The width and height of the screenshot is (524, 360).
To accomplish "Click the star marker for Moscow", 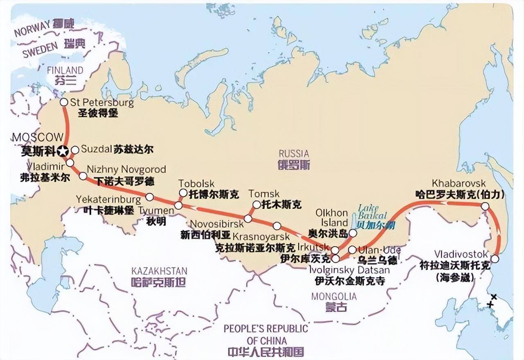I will coord(63,151).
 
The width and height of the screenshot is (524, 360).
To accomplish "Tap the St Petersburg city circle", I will coord(64,102).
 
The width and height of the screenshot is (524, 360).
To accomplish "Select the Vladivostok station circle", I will coord(495,259).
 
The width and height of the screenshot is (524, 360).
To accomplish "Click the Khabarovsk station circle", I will coord(485,207).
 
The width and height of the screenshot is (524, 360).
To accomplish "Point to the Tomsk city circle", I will coord(256,205).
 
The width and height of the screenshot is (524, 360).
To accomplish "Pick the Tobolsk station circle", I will coord(183,193).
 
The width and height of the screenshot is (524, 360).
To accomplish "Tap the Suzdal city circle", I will coord(75,150).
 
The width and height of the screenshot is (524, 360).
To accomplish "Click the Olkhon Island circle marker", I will coord(352,233).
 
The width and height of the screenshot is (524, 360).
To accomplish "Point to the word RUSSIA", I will coord(294,154).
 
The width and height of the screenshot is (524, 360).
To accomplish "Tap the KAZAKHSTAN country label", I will coord(159,271).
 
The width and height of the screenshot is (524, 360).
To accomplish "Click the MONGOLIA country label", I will coord(334,296).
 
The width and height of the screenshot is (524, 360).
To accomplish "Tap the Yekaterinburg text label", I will coord(108,199).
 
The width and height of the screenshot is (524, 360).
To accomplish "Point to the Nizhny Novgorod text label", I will coord(126,169).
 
